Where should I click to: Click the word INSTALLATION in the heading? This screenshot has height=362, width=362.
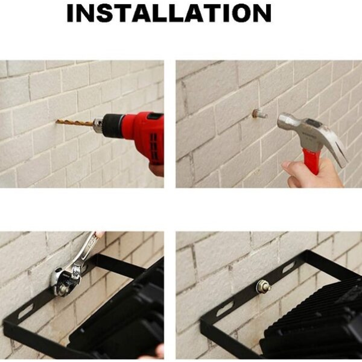(x=169, y=13)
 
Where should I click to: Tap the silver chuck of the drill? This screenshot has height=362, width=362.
(x=99, y=123)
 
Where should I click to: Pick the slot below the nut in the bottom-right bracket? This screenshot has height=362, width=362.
(x=224, y=310)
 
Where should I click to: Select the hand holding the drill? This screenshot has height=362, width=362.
(x=156, y=168)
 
